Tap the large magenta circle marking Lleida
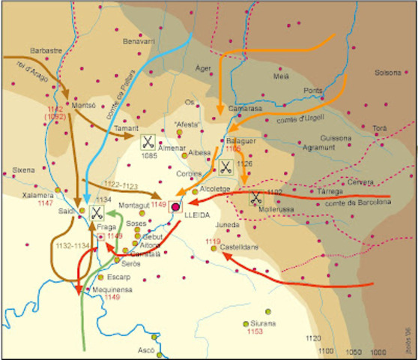click(x=177, y=206)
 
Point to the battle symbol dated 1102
click(x=256, y=199)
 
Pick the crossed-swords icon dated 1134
click(x=97, y=211)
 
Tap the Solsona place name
click(x=388, y=73)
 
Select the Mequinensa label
click(x=112, y=289)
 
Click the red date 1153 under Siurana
click(x=255, y=331)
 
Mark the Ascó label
click(x=147, y=350)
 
